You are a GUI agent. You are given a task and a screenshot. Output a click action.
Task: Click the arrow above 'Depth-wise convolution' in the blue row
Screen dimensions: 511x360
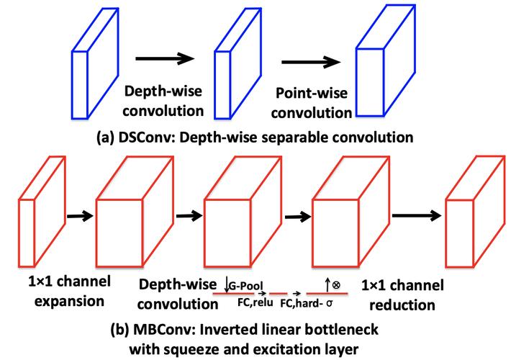[165, 58]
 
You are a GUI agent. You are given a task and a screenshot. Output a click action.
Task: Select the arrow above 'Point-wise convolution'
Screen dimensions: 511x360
[311, 62]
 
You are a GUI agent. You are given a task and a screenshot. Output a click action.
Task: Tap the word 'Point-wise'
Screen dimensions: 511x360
[312, 93]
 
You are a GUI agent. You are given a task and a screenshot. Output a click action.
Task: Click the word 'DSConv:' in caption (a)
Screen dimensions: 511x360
[147, 138]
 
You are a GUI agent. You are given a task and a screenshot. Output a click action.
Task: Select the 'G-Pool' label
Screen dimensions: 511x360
[245, 286]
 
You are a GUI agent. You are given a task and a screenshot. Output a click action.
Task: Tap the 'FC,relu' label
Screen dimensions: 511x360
[256, 302]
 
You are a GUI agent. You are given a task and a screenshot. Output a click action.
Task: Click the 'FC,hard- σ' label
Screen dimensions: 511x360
[307, 304]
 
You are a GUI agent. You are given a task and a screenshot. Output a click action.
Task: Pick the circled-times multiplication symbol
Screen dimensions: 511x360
[336, 285]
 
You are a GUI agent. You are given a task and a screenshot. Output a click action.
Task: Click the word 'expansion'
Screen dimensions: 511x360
[69, 301]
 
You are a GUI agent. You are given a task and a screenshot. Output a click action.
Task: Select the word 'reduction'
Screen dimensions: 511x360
[402, 305]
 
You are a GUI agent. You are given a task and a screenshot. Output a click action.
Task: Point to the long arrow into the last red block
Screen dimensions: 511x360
[417, 215]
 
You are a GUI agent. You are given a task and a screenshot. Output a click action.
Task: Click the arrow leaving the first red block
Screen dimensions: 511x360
[80, 215]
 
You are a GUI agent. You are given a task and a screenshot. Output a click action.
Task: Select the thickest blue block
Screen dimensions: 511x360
[386, 60]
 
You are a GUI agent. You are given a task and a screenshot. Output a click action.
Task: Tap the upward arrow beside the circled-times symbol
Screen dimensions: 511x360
[327, 285]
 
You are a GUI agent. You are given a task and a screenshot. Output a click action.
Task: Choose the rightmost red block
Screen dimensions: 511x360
[476, 212]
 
